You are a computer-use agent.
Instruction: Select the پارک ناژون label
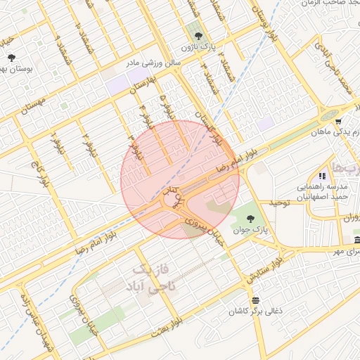tap(195, 46)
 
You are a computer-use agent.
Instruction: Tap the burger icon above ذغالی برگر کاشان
tap(254, 300)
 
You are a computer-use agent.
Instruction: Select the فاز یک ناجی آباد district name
tap(153, 279)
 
